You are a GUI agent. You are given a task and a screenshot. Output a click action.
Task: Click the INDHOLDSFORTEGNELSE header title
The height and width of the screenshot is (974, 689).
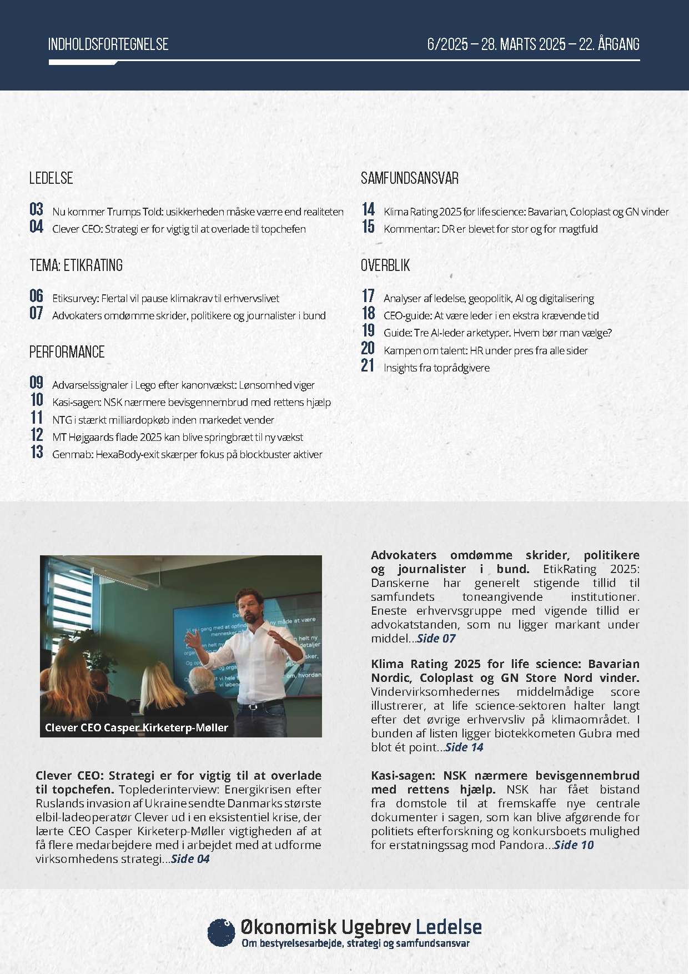pos(108,44)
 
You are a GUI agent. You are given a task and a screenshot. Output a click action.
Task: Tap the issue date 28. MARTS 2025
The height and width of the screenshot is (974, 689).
pos(524,44)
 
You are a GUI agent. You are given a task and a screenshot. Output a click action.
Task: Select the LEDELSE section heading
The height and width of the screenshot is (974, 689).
pos(51,178)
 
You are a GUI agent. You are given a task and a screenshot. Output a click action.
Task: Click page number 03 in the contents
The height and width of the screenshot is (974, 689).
pos(37,209)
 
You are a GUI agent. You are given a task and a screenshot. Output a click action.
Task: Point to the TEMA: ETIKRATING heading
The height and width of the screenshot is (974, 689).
pos(76,265)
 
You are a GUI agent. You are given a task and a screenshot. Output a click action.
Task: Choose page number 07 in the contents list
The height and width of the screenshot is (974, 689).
pos(37,313)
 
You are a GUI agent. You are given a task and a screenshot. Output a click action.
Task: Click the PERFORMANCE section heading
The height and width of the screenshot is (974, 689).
pos(67,352)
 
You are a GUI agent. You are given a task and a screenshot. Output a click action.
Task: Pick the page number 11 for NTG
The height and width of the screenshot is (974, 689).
pos(37,418)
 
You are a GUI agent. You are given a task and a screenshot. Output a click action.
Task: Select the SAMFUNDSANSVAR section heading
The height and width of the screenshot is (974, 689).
pos(410,178)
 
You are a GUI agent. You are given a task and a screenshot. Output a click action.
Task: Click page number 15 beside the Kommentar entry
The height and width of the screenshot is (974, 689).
pos(368,227)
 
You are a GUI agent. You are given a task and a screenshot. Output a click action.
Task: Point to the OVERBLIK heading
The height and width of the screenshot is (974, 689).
pos(385,265)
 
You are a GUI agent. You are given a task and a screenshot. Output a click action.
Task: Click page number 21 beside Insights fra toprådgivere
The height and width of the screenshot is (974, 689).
pos(368,365)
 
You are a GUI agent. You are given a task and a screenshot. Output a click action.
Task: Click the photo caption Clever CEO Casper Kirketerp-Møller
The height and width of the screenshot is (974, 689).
pos(137,727)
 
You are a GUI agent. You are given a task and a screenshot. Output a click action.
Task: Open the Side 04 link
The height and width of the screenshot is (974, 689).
pos(190,859)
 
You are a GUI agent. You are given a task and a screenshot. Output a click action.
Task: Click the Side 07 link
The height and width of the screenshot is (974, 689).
pos(436,639)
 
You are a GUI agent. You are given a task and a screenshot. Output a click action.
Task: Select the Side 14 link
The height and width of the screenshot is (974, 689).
pos(464,747)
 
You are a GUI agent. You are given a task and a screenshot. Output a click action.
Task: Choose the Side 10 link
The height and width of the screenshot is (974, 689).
pos(574,845)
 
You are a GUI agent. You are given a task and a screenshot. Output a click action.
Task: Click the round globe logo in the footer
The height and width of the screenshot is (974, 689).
pos(221,932)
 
